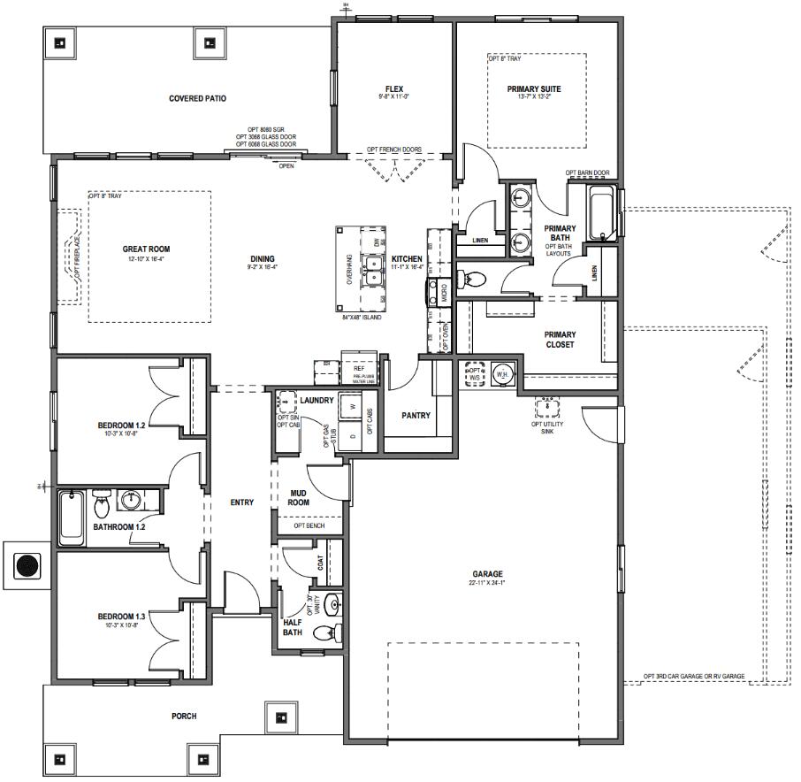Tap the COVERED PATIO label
(198, 98)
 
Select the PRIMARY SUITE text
(534, 88)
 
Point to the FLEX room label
(393, 88)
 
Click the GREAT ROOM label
(146, 249)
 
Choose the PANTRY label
(416, 415)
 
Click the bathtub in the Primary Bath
(605, 214)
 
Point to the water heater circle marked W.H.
(502, 373)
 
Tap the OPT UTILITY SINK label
(547, 428)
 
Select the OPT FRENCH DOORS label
(393, 149)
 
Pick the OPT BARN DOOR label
(588, 172)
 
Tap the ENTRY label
(241, 502)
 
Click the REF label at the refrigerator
(358, 367)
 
